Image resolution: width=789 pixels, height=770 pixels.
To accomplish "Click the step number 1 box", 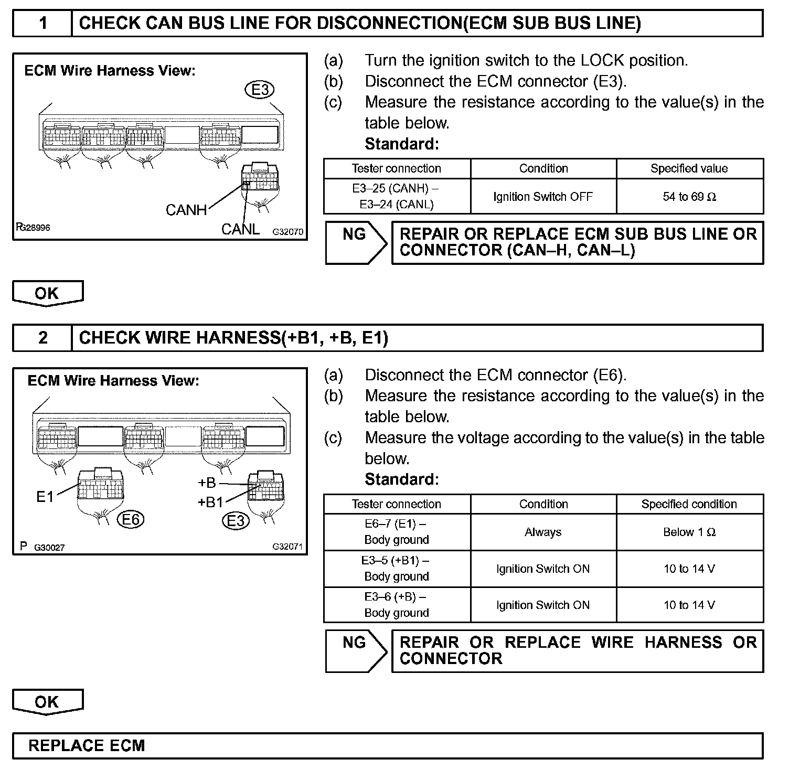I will pos(42,24).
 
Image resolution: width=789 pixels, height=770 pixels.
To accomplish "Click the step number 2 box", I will pos(42,338).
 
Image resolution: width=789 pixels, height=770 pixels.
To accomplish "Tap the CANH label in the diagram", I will pos(186,210).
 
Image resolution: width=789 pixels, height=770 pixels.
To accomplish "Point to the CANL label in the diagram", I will pos(240,229).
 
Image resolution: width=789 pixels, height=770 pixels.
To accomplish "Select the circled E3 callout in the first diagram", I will pos(260,90).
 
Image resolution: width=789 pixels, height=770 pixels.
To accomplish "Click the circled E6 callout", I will pos(131,520).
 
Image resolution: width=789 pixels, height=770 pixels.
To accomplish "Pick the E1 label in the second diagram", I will pos(45,497).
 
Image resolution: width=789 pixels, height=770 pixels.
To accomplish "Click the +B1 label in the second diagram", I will pos(210,502).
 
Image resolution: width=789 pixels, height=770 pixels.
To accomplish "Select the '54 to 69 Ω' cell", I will pos(689,197).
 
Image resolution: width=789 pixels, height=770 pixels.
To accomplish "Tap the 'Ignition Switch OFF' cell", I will pos(543,197).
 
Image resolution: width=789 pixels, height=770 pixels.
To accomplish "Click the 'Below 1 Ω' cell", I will pos(689,532).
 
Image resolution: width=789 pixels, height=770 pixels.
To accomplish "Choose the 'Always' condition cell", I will pos(543,532).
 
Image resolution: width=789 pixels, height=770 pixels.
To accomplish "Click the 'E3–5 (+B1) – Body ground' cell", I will pos(397,569).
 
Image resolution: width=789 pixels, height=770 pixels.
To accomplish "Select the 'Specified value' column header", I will pos(689,168).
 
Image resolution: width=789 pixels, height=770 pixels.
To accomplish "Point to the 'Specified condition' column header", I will pos(689,504).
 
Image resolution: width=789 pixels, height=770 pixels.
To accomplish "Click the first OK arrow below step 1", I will pos(48,293).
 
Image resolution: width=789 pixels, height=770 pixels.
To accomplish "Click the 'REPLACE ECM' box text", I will pos(87,746).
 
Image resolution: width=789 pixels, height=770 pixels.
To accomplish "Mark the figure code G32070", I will pos(287,231).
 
